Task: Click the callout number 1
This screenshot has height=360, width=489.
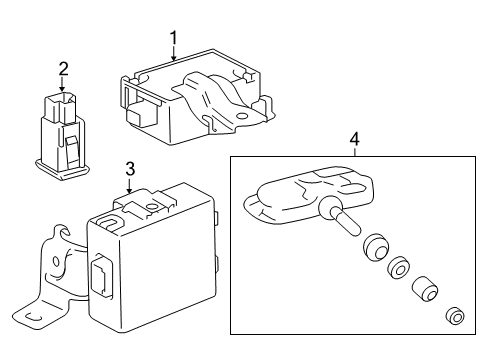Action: tap(173, 38)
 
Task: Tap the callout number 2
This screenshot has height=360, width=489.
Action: tap(63, 69)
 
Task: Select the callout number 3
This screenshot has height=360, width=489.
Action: tap(130, 169)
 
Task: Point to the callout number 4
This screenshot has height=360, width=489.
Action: tap(355, 139)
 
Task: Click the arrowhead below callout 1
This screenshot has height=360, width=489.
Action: tap(173, 58)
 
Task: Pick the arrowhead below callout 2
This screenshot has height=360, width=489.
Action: tap(62, 88)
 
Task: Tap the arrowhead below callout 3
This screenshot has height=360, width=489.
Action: tap(129, 190)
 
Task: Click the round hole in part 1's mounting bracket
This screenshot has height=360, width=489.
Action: tap(241, 116)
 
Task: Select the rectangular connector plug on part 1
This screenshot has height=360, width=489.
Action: tap(140, 115)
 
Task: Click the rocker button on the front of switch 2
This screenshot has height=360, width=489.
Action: tap(73, 151)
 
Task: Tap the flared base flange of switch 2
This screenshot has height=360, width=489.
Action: tap(62, 170)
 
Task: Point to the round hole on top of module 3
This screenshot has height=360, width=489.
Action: tap(152, 207)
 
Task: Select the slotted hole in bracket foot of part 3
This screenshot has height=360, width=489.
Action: tap(32, 317)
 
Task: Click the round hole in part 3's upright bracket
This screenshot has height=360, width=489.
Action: tap(56, 262)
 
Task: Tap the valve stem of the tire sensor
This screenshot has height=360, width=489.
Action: tap(346, 221)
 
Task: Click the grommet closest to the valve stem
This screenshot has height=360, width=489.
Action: tap(375, 247)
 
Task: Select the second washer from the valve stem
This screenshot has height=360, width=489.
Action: tap(398, 267)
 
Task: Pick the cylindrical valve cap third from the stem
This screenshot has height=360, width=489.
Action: tap(424, 288)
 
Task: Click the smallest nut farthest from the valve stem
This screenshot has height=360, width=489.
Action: tap(455, 315)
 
